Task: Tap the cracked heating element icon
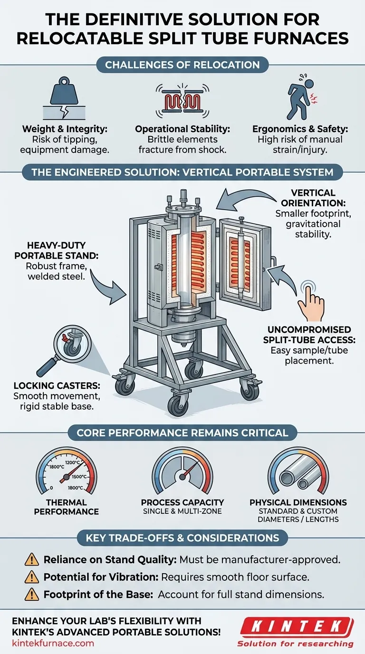tap(182, 100)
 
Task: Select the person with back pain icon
tap(301, 96)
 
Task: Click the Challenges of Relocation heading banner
tap(182, 65)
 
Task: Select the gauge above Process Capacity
tap(182, 471)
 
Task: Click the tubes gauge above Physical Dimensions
tap(298, 471)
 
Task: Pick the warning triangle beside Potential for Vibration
tap(32, 577)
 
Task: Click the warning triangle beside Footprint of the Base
tap(32, 595)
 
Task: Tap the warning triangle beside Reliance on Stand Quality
tap(32, 560)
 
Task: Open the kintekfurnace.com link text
tap(53, 643)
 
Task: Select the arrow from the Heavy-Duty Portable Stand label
tap(108, 287)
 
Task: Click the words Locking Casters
tap(57, 385)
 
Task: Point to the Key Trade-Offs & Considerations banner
tap(182, 538)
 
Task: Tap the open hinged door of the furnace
tap(245, 265)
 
